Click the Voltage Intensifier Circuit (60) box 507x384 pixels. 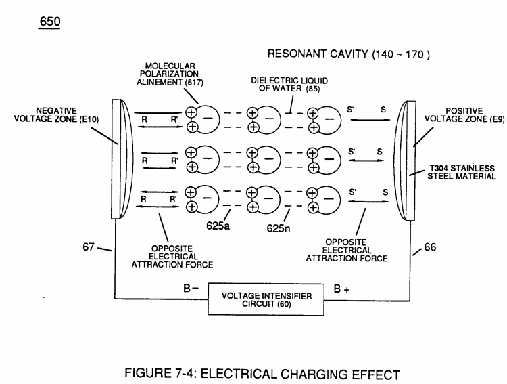(x=266, y=299)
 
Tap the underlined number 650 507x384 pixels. (x=50, y=22)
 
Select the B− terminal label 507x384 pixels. (x=191, y=288)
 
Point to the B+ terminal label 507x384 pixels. (x=341, y=289)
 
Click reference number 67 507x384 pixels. (x=89, y=247)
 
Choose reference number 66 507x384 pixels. (x=430, y=247)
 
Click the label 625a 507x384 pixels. (x=218, y=226)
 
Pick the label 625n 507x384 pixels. (x=279, y=228)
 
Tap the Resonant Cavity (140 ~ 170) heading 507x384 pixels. (x=349, y=54)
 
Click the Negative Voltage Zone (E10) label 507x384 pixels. (x=56, y=115)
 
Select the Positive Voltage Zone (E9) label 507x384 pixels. (x=464, y=115)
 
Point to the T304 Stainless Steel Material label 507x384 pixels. (x=462, y=173)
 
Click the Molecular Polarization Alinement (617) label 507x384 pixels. (x=170, y=74)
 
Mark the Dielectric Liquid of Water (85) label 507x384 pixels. (x=289, y=84)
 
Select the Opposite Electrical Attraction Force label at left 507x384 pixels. (x=172, y=257)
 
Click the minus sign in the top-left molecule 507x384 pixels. (x=208, y=118)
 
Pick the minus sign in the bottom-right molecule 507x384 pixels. (x=329, y=198)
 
